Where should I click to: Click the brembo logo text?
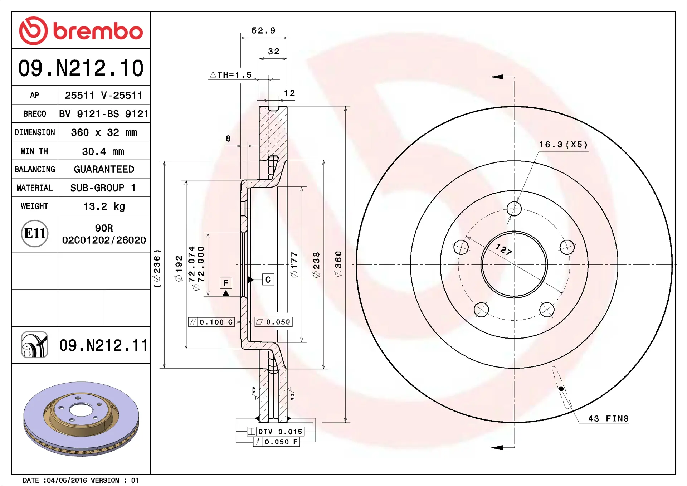coord(98,31)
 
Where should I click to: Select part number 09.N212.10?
coord(81,68)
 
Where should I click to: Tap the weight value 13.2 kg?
coord(104,206)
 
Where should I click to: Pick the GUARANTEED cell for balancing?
coord(104,169)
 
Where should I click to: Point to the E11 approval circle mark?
coord(35,233)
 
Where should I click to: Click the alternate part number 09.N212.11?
coord(103,345)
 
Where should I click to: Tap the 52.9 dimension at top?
coord(263,31)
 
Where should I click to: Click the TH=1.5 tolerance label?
coord(231,75)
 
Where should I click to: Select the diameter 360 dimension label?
coord(338,263)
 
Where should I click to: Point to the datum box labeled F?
coord(226,283)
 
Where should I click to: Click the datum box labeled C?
coord(268,280)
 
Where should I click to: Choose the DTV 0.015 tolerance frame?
coord(276,432)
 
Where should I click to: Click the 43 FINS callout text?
coord(608,418)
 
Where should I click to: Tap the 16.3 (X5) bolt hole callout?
coord(563,145)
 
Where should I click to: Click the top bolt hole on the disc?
coord(514,209)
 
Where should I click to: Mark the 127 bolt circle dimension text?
coord(504,249)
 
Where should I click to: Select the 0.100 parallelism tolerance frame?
coord(211,322)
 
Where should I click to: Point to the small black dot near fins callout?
coord(561,389)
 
